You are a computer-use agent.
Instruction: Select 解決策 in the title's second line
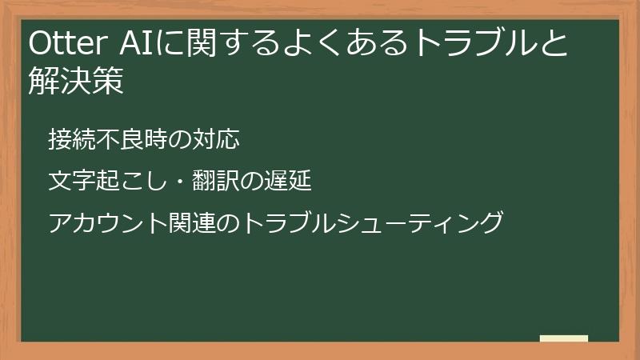point(76,82)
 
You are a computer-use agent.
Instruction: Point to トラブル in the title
point(473,45)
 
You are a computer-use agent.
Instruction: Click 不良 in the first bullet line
point(119,139)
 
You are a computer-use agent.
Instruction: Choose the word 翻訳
point(214,181)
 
